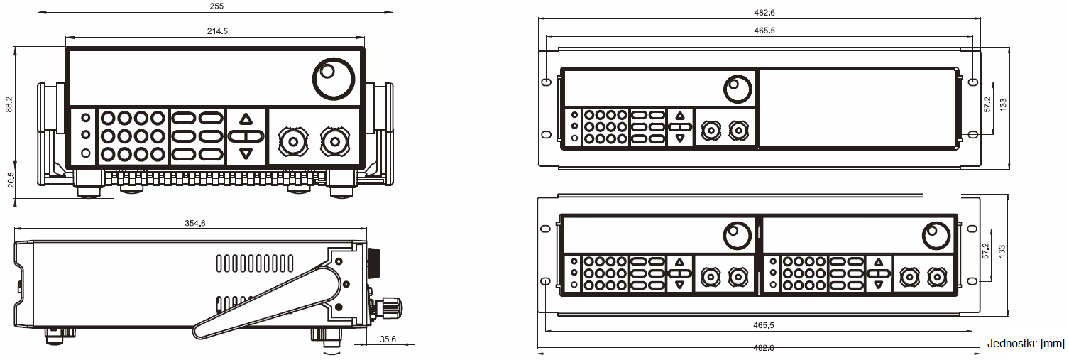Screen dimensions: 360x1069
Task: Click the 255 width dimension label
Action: click(216, 6)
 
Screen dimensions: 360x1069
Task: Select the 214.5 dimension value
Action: click(216, 31)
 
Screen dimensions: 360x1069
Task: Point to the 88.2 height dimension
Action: click(9, 104)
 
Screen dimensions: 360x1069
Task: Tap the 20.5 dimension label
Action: click(9, 180)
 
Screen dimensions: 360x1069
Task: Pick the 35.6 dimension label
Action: click(388, 339)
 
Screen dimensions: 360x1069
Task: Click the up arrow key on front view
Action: click(246, 119)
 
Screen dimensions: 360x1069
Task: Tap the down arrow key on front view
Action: click(246, 153)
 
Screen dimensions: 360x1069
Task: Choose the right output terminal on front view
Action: click(333, 141)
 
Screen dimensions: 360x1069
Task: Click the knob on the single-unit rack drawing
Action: click(737, 89)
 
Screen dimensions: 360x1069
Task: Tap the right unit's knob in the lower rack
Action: click(936, 234)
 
